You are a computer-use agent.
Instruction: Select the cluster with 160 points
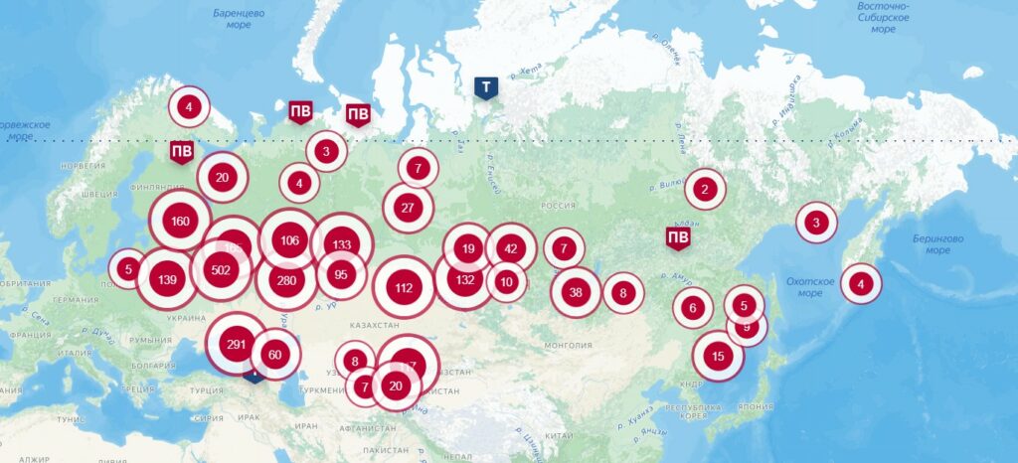coord(180,221)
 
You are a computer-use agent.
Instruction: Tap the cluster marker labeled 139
coord(167,279)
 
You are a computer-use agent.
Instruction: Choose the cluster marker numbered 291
coord(237,345)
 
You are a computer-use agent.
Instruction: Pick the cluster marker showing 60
coord(275,355)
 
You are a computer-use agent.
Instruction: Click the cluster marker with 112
coord(403,288)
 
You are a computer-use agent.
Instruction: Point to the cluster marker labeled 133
coord(342,244)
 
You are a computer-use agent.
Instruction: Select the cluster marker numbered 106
coord(289,240)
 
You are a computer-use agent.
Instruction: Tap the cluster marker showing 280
coord(286,280)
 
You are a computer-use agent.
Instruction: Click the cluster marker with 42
coord(511,248)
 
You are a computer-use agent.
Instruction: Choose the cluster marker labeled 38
coord(576,292)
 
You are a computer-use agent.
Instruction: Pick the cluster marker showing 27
coord(408,208)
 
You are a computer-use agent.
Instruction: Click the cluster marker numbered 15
coord(718,356)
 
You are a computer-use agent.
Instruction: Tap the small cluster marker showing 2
coord(704,189)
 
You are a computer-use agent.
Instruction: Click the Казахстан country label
coord(375,325)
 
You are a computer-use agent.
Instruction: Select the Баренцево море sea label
coord(239,19)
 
